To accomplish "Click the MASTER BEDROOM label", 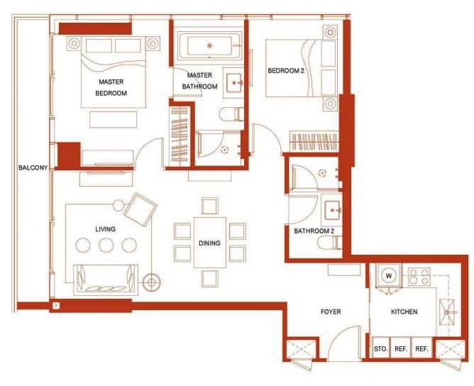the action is click(x=111, y=87).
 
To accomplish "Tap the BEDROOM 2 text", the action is click(x=286, y=71).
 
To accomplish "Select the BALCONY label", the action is click(x=33, y=167).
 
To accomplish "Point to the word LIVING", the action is click(x=105, y=229).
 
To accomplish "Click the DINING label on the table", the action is click(x=209, y=243).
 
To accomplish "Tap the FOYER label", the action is click(x=331, y=311).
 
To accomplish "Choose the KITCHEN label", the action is click(x=404, y=311).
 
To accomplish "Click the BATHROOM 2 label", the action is click(x=314, y=231).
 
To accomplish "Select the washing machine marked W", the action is click(x=389, y=275).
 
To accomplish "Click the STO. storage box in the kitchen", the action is click(x=380, y=348).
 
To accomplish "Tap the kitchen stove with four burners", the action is click(x=419, y=277).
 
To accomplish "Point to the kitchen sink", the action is click(x=447, y=312).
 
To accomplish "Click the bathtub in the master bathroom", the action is click(x=210, y=46).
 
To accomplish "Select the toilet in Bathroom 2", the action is click(x=330, y=243).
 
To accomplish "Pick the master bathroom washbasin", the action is click(x=233, y=83).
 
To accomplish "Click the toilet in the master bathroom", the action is click(x=231, y=114).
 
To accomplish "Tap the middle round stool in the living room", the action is click(x=106, y=245).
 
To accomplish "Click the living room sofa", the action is click(x=106, y=280).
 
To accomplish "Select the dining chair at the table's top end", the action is click(x=210, y=206).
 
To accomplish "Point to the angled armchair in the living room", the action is click(x=140, y=210).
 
